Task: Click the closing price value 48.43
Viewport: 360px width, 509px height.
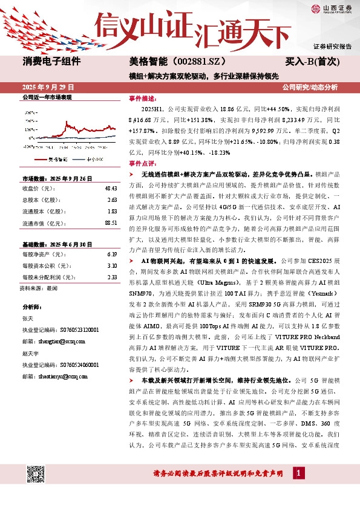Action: coord(110,189)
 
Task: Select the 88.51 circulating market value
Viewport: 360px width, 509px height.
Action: coord(110,223)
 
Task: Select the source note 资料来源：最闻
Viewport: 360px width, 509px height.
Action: coord(39,288)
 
